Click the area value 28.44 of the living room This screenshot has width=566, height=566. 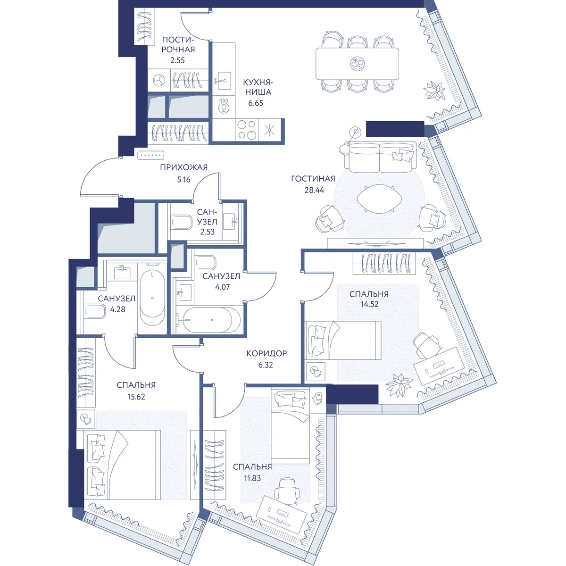(314, 190)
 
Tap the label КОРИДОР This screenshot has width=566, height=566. (266, 353)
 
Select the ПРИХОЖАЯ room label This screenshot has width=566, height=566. (184, 167)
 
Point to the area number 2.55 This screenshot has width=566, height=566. (177, 60)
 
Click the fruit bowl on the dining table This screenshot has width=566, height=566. (357, 64)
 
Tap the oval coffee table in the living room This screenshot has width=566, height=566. (380, 199)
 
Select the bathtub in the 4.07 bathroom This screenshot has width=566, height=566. (211, 320)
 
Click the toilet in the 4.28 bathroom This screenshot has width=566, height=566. (95, 312)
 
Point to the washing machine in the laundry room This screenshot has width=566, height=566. (159, 80)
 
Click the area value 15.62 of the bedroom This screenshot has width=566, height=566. (136, 397)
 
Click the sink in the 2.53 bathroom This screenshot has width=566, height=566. (231, 221)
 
